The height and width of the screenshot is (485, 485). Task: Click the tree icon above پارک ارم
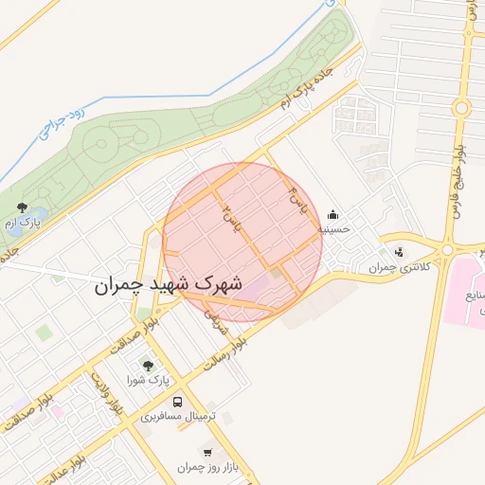click(x=22, y=207)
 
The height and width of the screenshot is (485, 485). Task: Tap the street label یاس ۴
click(x=298, y=201)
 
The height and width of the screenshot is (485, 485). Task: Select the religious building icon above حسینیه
click(x=332, y=214)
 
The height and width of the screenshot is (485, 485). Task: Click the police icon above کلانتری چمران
click(x=398, y=252)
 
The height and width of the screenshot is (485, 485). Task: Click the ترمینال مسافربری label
click(x=179, y=416)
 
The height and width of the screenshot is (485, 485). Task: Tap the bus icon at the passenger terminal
click(x=179, y=401)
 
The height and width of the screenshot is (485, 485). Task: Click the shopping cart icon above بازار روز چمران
click(x=207, y=453)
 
